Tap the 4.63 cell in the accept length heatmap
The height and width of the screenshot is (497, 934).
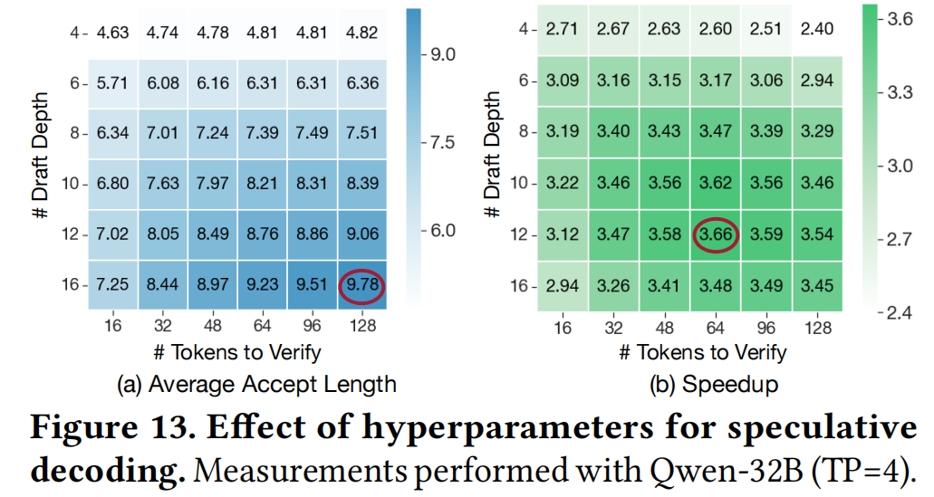point(113,34)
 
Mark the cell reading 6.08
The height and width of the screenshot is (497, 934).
point(163,84)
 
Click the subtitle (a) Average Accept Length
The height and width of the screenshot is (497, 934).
point(257,384)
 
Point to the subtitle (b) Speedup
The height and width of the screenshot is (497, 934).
point(714,384)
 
